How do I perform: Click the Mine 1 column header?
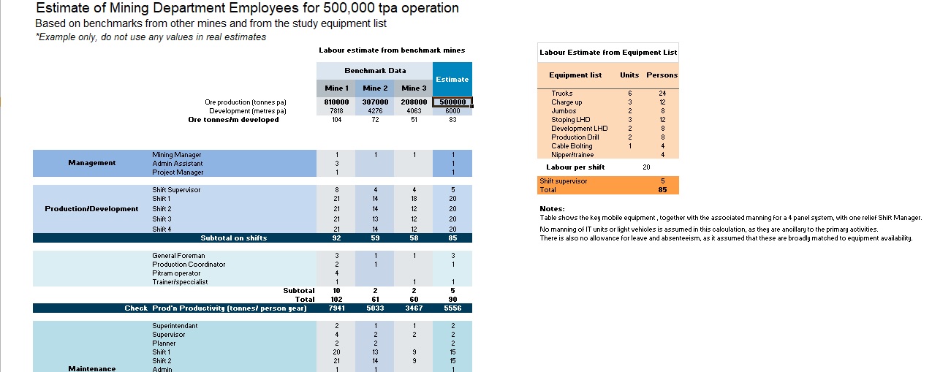[x=336, y=88]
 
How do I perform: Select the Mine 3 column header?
[x=413, y=88]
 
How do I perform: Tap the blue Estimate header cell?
[x=452, y=79]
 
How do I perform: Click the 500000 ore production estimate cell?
[x=452, y=102]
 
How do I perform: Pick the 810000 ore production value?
[x=336, y=102]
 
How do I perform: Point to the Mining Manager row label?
[x=177, y=155]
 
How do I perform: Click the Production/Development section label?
[x=91, y=209]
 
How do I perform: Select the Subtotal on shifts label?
[x=234, y=238]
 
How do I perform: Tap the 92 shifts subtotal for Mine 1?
[x=336, y=238]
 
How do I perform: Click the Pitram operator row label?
[x=176, y=273]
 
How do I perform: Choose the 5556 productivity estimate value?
[x=452, y=308]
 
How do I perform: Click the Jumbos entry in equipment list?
[x=564, y=111]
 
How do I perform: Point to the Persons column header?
[x=662, y=75]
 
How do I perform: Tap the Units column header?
[x=629, y=75]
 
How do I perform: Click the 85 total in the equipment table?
[x=662, y=190]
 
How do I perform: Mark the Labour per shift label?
[x=575, y=167]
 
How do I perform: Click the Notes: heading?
[x=551, y=209]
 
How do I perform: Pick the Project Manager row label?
[x=178, y=172]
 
